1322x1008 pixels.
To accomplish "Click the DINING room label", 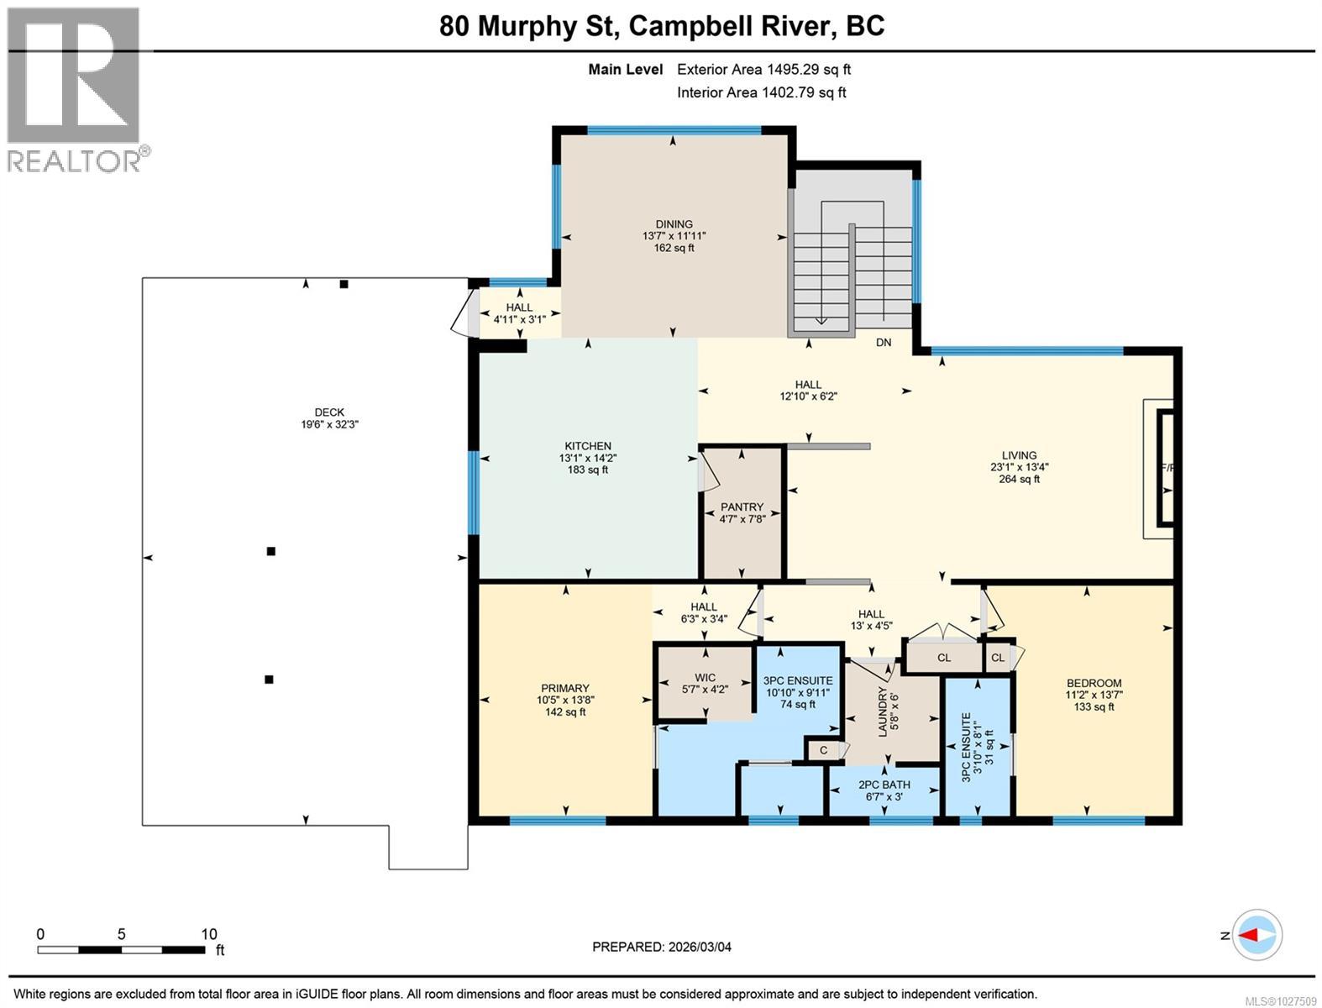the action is pos(674,224).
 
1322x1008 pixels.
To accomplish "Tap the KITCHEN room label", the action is pos(588,446).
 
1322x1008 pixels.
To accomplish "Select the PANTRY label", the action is pos(742,507).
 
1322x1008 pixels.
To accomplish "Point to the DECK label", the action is pos(329,412).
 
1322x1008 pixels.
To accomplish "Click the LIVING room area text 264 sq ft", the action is pos(1020,480).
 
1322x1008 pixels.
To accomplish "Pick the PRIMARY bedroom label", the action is pos(565,688).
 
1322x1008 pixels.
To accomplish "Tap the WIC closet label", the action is pos(706,678).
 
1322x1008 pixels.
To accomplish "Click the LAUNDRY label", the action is pos(883,711).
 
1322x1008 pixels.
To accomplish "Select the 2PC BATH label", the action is pos(884,785).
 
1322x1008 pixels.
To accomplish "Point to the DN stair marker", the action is pos(884,343).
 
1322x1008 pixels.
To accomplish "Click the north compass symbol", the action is pos(1256,935).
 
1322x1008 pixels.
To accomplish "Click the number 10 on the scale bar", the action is pos(209,934).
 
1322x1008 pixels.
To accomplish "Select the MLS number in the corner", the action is pos(1280,1001).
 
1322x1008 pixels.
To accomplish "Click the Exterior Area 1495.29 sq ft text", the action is pos(763,70).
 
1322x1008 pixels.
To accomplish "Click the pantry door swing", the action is pos(708,472).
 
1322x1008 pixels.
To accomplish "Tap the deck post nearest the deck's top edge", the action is pos(344,284).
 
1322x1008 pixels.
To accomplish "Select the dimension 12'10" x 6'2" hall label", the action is pos(808,396).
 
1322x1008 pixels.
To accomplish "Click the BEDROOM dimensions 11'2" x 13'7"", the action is pos(1094,695).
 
